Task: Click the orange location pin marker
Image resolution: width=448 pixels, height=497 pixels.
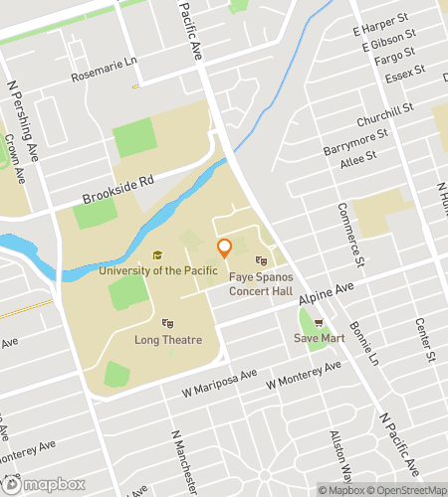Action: coord(224,248)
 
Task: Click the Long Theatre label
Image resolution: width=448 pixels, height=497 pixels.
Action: coord(168,338)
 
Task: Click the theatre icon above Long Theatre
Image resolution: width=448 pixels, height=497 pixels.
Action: coord(168,322)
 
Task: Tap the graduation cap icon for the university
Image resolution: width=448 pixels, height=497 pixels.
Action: coord(156,255)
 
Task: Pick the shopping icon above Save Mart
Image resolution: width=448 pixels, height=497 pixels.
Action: coord(319,322)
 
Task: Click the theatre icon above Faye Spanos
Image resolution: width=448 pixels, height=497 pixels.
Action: coord(262,260)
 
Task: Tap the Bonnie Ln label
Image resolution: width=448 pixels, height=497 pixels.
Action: coord(367,345)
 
